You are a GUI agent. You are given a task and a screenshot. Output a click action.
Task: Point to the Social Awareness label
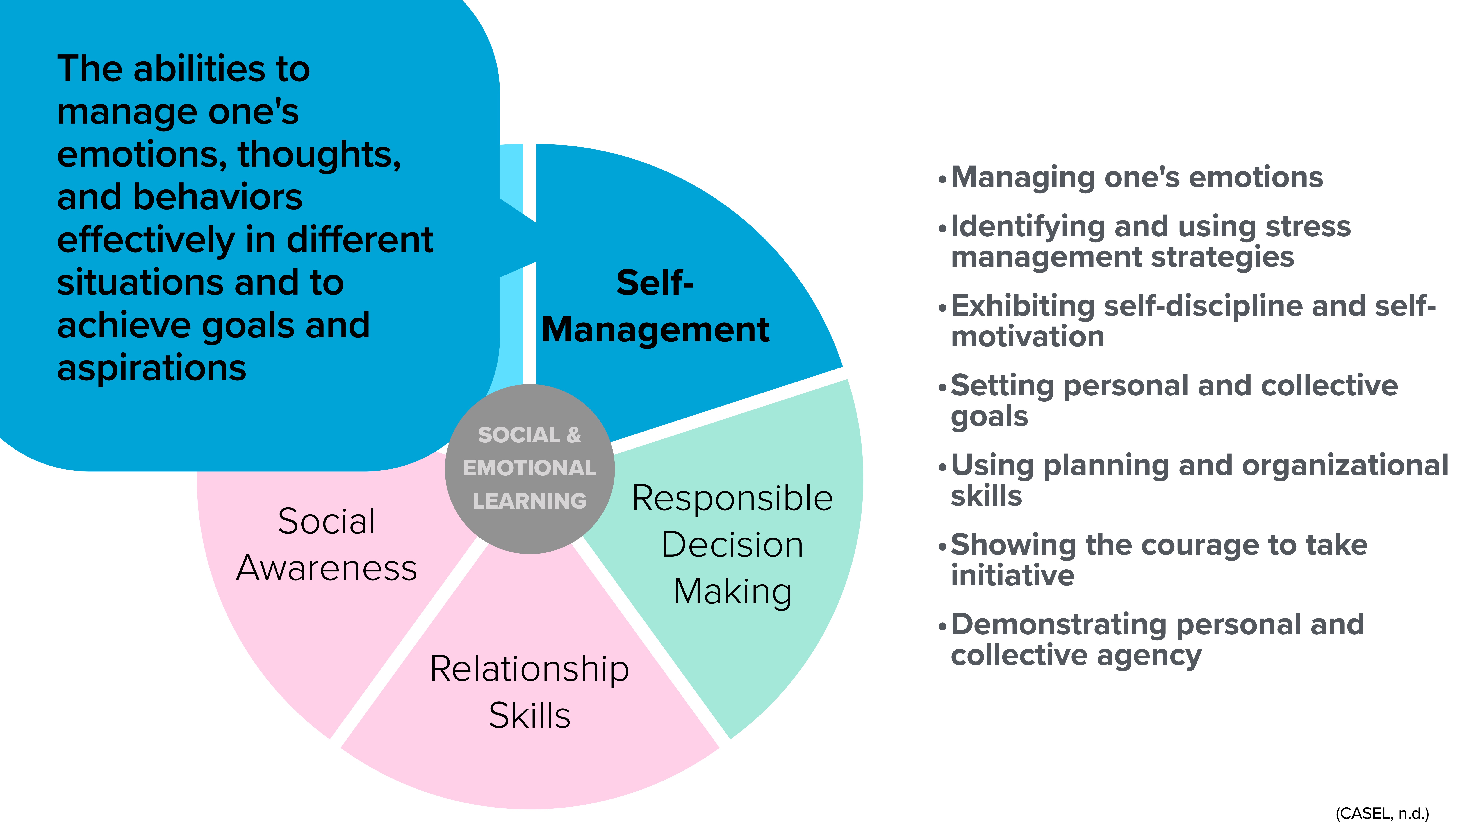(x=327, y=545)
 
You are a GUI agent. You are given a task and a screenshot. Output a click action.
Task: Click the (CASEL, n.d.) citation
(x=1382, y=813)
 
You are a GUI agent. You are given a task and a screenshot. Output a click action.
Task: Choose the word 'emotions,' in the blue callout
(x=143, y=155)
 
